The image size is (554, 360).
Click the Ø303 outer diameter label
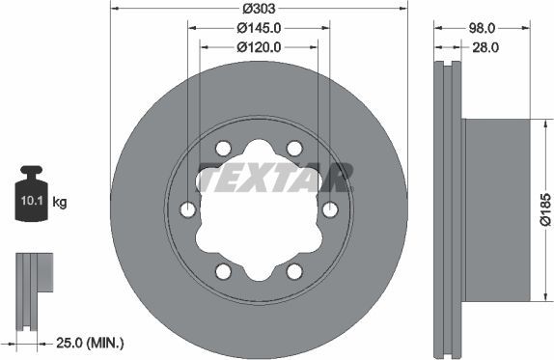point(259,8)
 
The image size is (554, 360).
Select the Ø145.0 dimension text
point(258,27)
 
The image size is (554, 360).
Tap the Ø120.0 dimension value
point(258,45)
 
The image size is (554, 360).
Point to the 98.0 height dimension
point(484,27)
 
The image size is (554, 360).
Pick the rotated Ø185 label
point(545,208)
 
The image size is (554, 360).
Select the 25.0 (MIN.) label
point(88,343)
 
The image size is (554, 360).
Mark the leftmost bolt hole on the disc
point(188,209)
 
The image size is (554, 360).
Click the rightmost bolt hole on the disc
point(330,209)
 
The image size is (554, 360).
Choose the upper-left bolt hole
point(224,148)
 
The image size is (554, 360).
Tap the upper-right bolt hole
point(294,148)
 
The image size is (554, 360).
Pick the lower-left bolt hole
point(224,271)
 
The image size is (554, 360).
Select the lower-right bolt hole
point(294,271)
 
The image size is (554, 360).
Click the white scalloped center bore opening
point(259,217)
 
